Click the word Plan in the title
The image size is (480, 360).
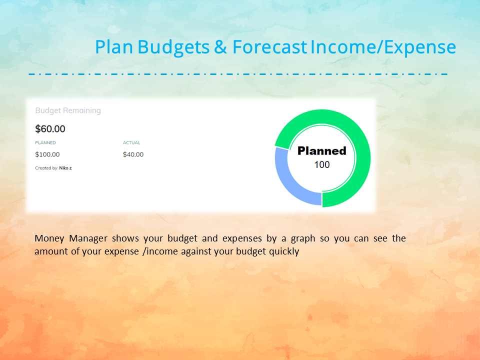tap(114, 47)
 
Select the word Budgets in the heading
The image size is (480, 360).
tap(173, 48)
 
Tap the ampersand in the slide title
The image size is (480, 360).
tap(220, 47)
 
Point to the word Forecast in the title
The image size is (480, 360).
tap(269, 47)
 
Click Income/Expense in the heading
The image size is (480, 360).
tap(383, 48)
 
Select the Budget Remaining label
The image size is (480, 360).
tap(68, 110)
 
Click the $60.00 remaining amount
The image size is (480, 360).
tap(50, 129)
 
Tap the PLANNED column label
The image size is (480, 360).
tap(45, 142)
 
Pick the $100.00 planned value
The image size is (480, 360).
tap(47, 154)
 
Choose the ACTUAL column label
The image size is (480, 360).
tap(131, 142)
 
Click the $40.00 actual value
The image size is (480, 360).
tap(133, 154)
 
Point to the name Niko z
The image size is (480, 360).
tap(65, 168)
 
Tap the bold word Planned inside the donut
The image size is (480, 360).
tap(322, 151)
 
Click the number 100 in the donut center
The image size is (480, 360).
tap(322, 164)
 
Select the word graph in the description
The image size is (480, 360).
tap(303, 239)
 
